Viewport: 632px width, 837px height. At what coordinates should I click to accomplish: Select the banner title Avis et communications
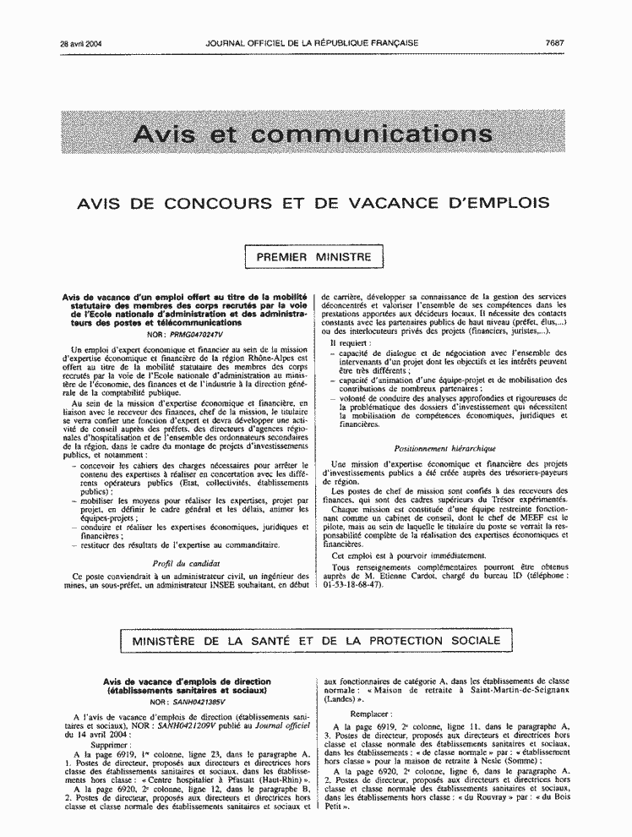[x=313, y=135]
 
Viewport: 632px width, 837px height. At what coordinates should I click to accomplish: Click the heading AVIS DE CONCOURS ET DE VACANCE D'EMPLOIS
[x=313, y=203]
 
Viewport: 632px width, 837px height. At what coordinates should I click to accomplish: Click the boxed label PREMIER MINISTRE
[x=313, y=254]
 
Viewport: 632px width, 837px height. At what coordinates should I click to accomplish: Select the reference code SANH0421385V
[x=197, y=702]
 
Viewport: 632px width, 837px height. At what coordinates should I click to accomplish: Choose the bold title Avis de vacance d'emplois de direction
[x=187, y=681]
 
